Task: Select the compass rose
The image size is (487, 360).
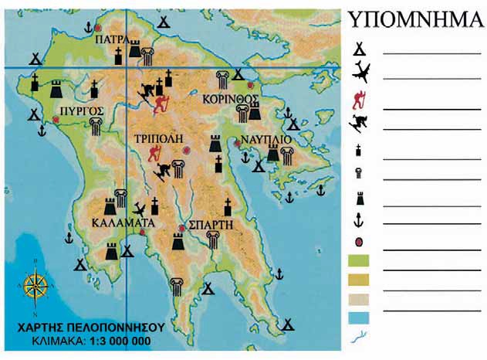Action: click(36, 287)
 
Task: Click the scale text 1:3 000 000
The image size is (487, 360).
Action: click(117, 340)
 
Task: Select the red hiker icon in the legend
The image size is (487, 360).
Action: click(359, 98)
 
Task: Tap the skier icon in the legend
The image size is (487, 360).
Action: click(360, 122)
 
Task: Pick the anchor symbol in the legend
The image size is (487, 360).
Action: click(359, 220)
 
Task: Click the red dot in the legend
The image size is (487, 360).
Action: click(359, 243)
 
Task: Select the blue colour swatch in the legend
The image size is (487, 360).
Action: click(360, 317)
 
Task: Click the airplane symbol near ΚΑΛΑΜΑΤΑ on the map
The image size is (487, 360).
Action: click(140, 209)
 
